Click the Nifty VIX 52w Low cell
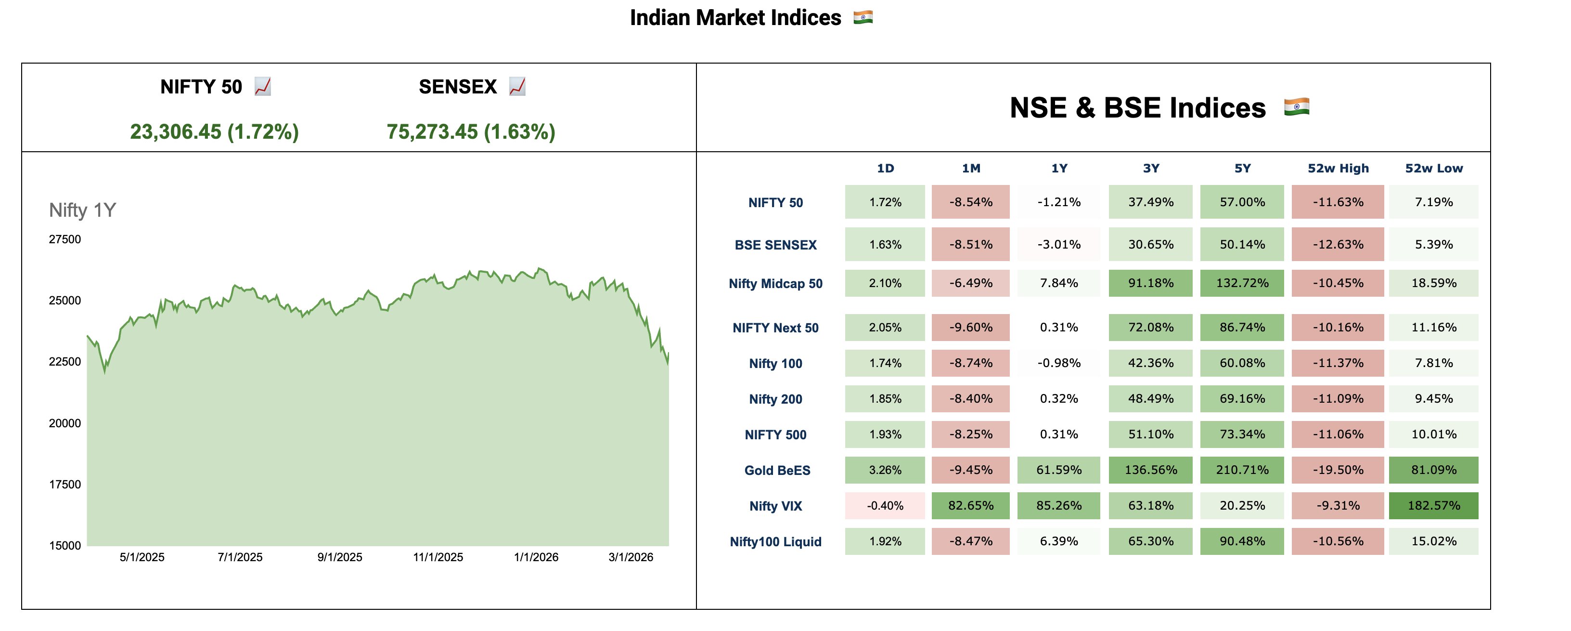[x=1433, y=506]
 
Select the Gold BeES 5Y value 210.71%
[x=1242, y=470]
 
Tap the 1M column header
[x=971, y=169]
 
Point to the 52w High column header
[x=1338, y=169]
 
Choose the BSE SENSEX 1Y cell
[x=1059, y=245]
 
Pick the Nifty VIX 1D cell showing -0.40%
[x=885, y=506]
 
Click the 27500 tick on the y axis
[x=64, y=239]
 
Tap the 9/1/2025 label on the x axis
[x=340, y=557]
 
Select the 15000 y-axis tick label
[x=64, y=546]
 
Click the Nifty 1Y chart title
[x=82, y=210]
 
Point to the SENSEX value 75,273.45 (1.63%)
[x=471, y=132]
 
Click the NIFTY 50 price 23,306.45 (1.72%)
[x=214, y=132]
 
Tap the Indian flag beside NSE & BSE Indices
[x=1296, y=107]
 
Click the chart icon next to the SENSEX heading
[x=517, y=87]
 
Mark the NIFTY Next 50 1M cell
[x=971, y=328]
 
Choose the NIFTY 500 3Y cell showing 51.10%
[x=1150, y=434]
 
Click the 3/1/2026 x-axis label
[x=631, y=557]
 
